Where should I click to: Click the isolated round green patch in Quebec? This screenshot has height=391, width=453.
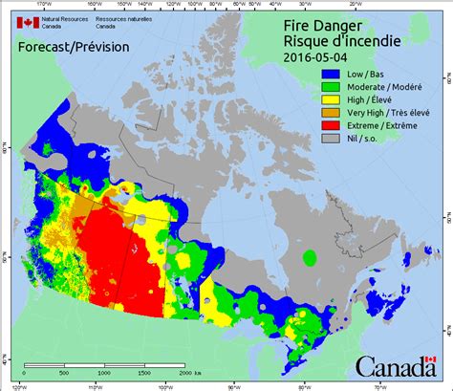[309, 257]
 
